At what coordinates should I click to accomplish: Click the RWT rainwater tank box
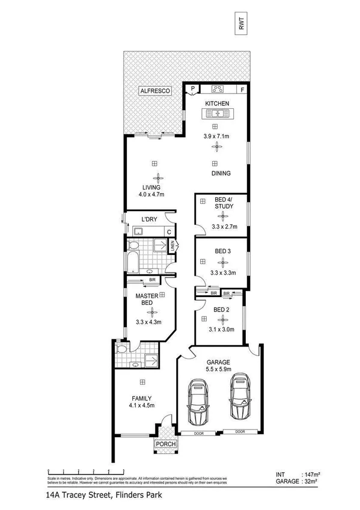(x=242, y=23)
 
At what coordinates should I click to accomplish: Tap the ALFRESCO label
(x=154, y=90)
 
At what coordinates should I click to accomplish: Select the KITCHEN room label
(x=217, y=103)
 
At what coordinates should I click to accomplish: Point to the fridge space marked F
(x=242, y=90)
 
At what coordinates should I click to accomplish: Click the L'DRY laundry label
(x=148, y=220)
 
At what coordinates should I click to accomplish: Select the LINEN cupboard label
(x=172, y=245)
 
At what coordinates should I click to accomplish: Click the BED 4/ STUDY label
(x=224, y=203)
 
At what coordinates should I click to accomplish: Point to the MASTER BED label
(x=147, y=300)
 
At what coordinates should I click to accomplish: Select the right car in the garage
(x=239, y=398)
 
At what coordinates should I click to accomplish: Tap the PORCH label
(x=165, y=444)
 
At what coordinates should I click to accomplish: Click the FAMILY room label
(x=142, y=398)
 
